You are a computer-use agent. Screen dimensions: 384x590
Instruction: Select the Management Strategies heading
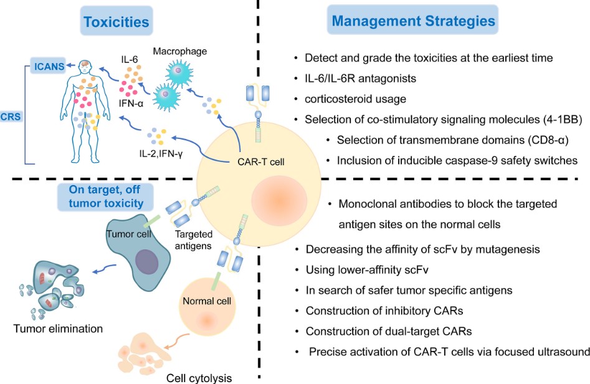coord(412,21)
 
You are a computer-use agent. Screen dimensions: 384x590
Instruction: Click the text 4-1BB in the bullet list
coord(528,119)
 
